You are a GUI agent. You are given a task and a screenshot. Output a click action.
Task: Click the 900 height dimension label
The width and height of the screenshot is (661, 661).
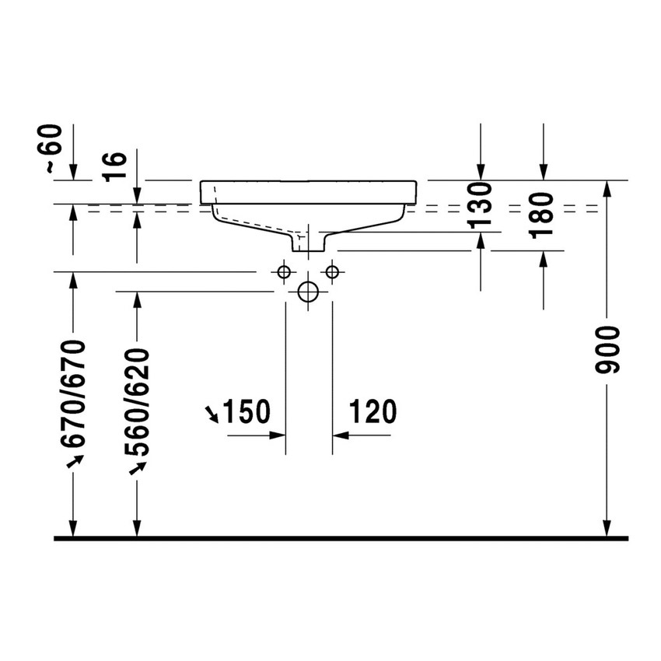(x=610, y=351)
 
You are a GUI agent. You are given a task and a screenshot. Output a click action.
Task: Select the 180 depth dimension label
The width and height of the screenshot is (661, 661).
(x=544, y=213)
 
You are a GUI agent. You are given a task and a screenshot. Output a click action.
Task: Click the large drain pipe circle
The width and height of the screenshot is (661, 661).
(x=309, y=292)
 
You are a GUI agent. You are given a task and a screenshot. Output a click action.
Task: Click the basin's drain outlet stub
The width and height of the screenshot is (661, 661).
(x=309, y=243)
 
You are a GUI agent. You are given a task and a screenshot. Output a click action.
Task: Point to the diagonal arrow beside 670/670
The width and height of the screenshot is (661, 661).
(x=75, y=462)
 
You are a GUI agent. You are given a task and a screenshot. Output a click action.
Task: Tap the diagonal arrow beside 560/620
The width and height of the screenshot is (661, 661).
(x=138, y=467)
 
